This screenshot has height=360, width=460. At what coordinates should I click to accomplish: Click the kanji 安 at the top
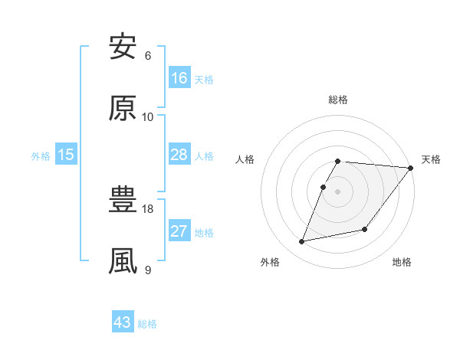123,47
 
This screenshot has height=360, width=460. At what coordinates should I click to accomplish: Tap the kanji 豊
123,201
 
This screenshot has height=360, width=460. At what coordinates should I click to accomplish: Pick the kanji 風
123,260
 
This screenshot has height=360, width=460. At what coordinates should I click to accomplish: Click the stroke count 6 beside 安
148,56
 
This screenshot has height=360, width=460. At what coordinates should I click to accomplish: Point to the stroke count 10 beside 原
148,116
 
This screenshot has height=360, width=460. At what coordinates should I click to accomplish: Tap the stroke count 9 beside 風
148,269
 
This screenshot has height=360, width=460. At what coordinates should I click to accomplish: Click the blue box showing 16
179,78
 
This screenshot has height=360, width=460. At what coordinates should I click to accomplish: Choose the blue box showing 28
179,155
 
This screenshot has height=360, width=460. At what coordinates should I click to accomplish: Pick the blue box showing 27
179,231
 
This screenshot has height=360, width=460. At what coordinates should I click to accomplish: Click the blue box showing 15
66,155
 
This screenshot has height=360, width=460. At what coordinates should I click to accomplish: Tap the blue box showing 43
123,322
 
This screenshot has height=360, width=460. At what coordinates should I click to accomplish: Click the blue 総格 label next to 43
147,324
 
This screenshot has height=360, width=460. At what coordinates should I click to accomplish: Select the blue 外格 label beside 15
41,156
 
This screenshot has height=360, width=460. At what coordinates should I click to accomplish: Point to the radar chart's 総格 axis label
338,100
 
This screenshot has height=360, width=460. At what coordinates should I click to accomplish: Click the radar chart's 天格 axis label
431,159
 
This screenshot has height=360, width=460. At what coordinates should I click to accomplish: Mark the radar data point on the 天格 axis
410,168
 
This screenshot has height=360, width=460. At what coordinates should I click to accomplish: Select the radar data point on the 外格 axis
302,241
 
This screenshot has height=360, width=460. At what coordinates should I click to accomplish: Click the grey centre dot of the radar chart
338,191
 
